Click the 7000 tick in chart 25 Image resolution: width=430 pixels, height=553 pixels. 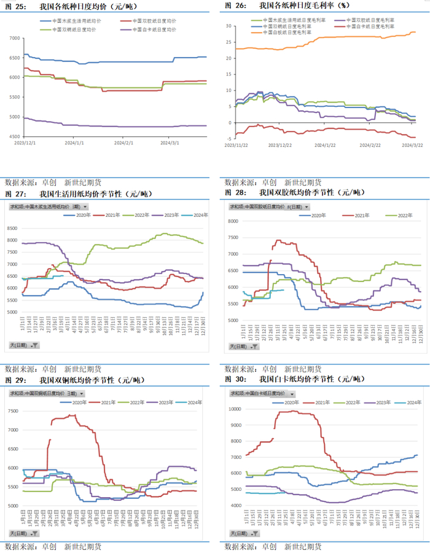tap(14, 38)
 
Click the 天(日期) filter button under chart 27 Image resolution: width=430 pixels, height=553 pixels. tap(24, 345)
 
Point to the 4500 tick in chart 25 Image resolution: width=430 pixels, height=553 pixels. tap(14, 137)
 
